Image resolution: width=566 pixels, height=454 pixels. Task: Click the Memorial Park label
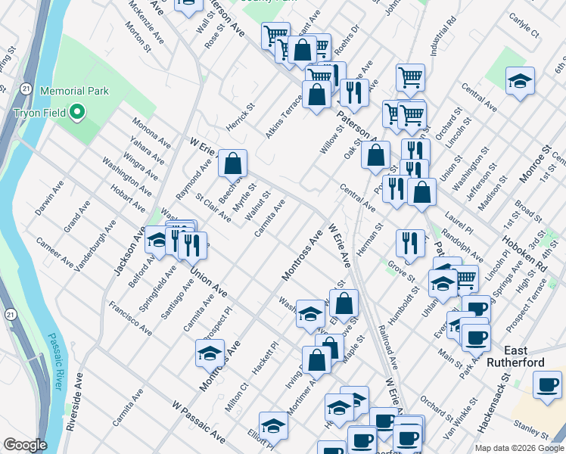pyautogui.click(x=74, y=91)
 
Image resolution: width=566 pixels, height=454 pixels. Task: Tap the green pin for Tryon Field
pyautogui.click(x=76, y=113)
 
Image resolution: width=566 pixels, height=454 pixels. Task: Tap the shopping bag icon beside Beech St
pyautogui.click(x=233, y=162)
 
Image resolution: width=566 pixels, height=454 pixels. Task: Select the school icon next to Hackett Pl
pyautogui.click(x=210, y=353)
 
